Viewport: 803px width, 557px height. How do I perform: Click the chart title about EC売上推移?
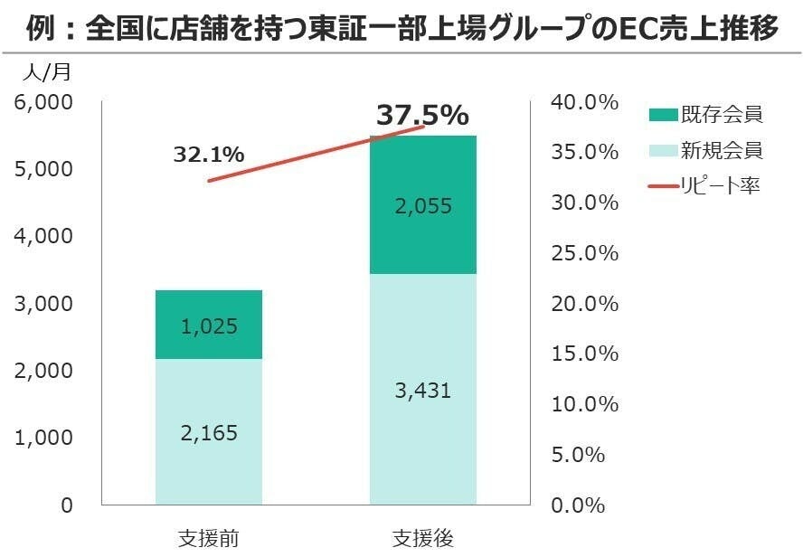coord(401,30)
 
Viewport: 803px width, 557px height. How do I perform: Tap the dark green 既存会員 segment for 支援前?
coord(209,307)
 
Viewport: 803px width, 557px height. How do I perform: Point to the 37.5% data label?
coord(422,116)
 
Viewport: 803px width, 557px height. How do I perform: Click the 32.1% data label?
coord(209,155)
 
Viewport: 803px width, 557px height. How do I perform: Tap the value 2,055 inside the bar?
coord(423,206)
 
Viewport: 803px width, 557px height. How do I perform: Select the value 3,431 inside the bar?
coord(423,392)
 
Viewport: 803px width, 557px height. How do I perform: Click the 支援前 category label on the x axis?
coord(209,537)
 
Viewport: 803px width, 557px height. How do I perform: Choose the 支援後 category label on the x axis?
coord(423,537)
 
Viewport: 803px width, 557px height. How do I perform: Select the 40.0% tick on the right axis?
coord(584,102)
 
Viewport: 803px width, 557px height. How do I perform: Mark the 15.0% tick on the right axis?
coord(584,354)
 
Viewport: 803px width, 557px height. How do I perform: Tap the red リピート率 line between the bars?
coord(316,154)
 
